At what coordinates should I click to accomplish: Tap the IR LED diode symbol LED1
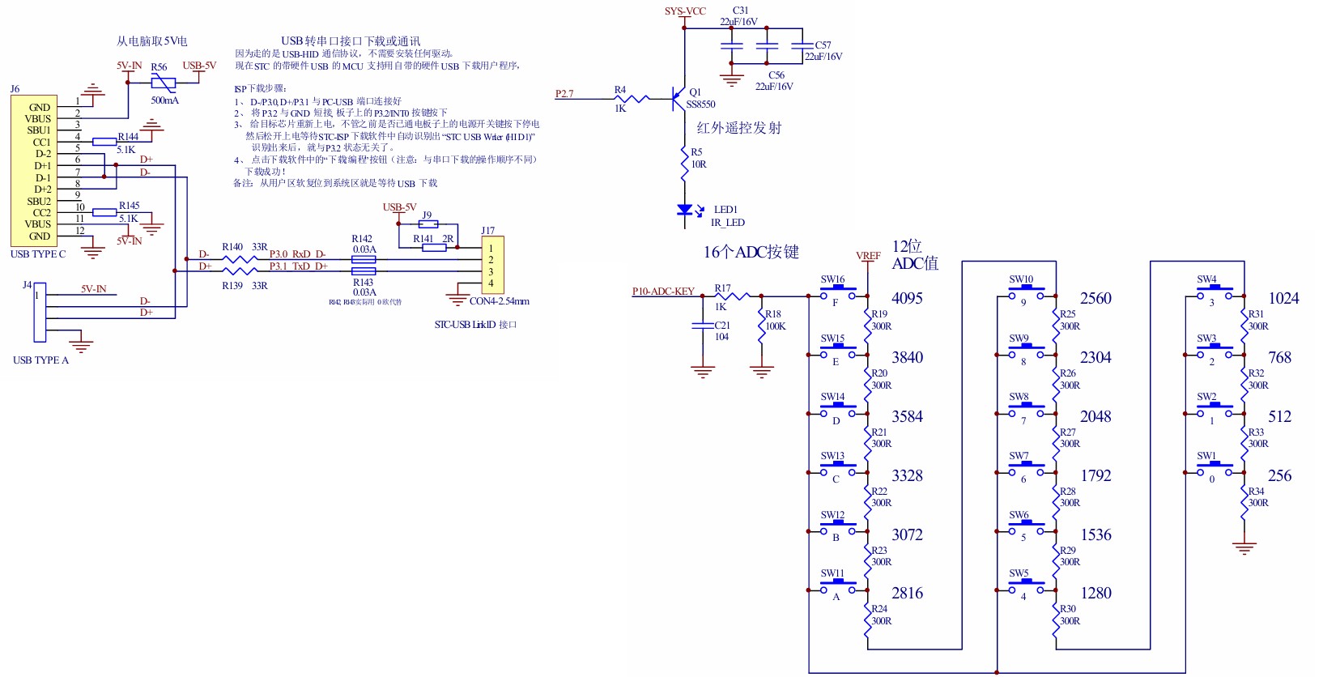pos(685,211)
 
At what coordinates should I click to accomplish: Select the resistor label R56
pos(159,67)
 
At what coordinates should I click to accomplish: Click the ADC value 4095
pos(907,298)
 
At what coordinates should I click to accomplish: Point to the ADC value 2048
pos(1095,416)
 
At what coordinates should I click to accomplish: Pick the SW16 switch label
pos(832,280)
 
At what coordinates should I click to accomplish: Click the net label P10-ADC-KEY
pos(663,292)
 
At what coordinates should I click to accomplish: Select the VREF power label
pos(868,256)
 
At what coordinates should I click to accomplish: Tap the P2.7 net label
pos(564,94)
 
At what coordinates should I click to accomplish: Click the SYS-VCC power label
pos(685,11)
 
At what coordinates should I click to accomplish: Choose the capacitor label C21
pos(722,326)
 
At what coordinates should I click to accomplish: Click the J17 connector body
pos(492,265)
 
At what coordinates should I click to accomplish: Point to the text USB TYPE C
pos(38,254)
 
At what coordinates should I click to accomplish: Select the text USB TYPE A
pos(40,360)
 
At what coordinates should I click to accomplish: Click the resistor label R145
pos(129,206)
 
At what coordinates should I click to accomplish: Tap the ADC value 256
pos(1279,475)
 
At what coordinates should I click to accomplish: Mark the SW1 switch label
pos(1206,456)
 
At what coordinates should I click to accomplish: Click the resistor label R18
pos(773,314)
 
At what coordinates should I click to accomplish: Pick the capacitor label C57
pos(823,45)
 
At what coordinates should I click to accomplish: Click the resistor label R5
pos(696,152)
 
